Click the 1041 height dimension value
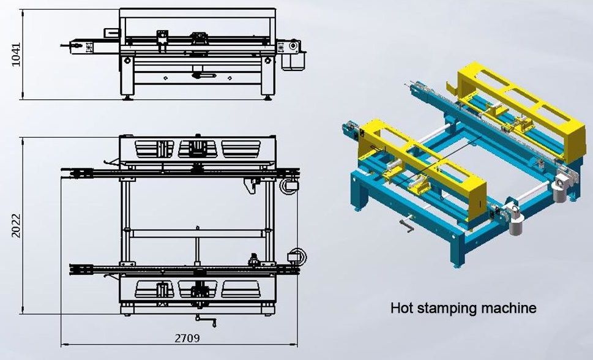click(x=17, y=54)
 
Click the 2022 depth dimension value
click(x=17, y=226)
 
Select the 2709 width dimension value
click(x=187, y=338)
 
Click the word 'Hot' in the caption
click(x=401, y=307)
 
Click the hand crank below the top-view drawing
click(x=206, y=321)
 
